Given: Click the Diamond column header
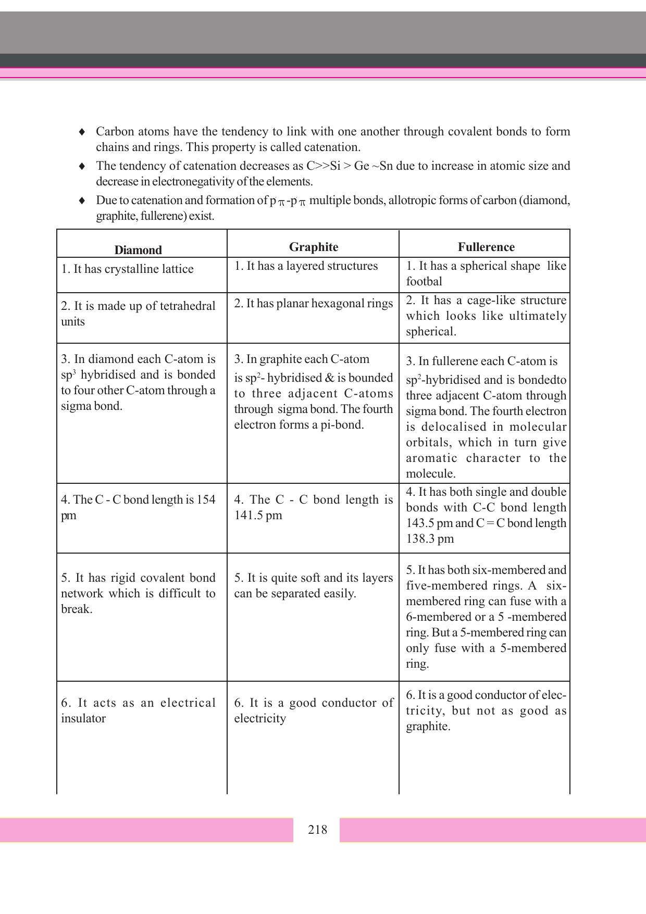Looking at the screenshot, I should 138,250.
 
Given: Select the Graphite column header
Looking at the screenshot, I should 313,247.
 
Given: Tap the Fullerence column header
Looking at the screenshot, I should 486,247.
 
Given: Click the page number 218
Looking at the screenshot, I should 317,830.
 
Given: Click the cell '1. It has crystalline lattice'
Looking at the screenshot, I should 127,269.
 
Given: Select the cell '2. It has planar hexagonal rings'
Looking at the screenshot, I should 313,304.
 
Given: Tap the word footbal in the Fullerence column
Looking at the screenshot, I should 424,282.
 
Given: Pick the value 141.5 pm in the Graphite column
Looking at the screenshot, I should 258,516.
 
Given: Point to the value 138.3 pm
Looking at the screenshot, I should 430,539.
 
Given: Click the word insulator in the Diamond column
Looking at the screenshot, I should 83,719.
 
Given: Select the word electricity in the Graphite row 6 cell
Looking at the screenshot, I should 260,719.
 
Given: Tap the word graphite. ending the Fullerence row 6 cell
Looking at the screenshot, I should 428,727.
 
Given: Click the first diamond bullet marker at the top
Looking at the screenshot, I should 82,132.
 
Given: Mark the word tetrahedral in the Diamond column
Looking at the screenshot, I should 188,306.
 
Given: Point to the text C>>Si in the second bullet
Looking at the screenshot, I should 323,166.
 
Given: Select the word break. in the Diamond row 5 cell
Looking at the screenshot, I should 77,609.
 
